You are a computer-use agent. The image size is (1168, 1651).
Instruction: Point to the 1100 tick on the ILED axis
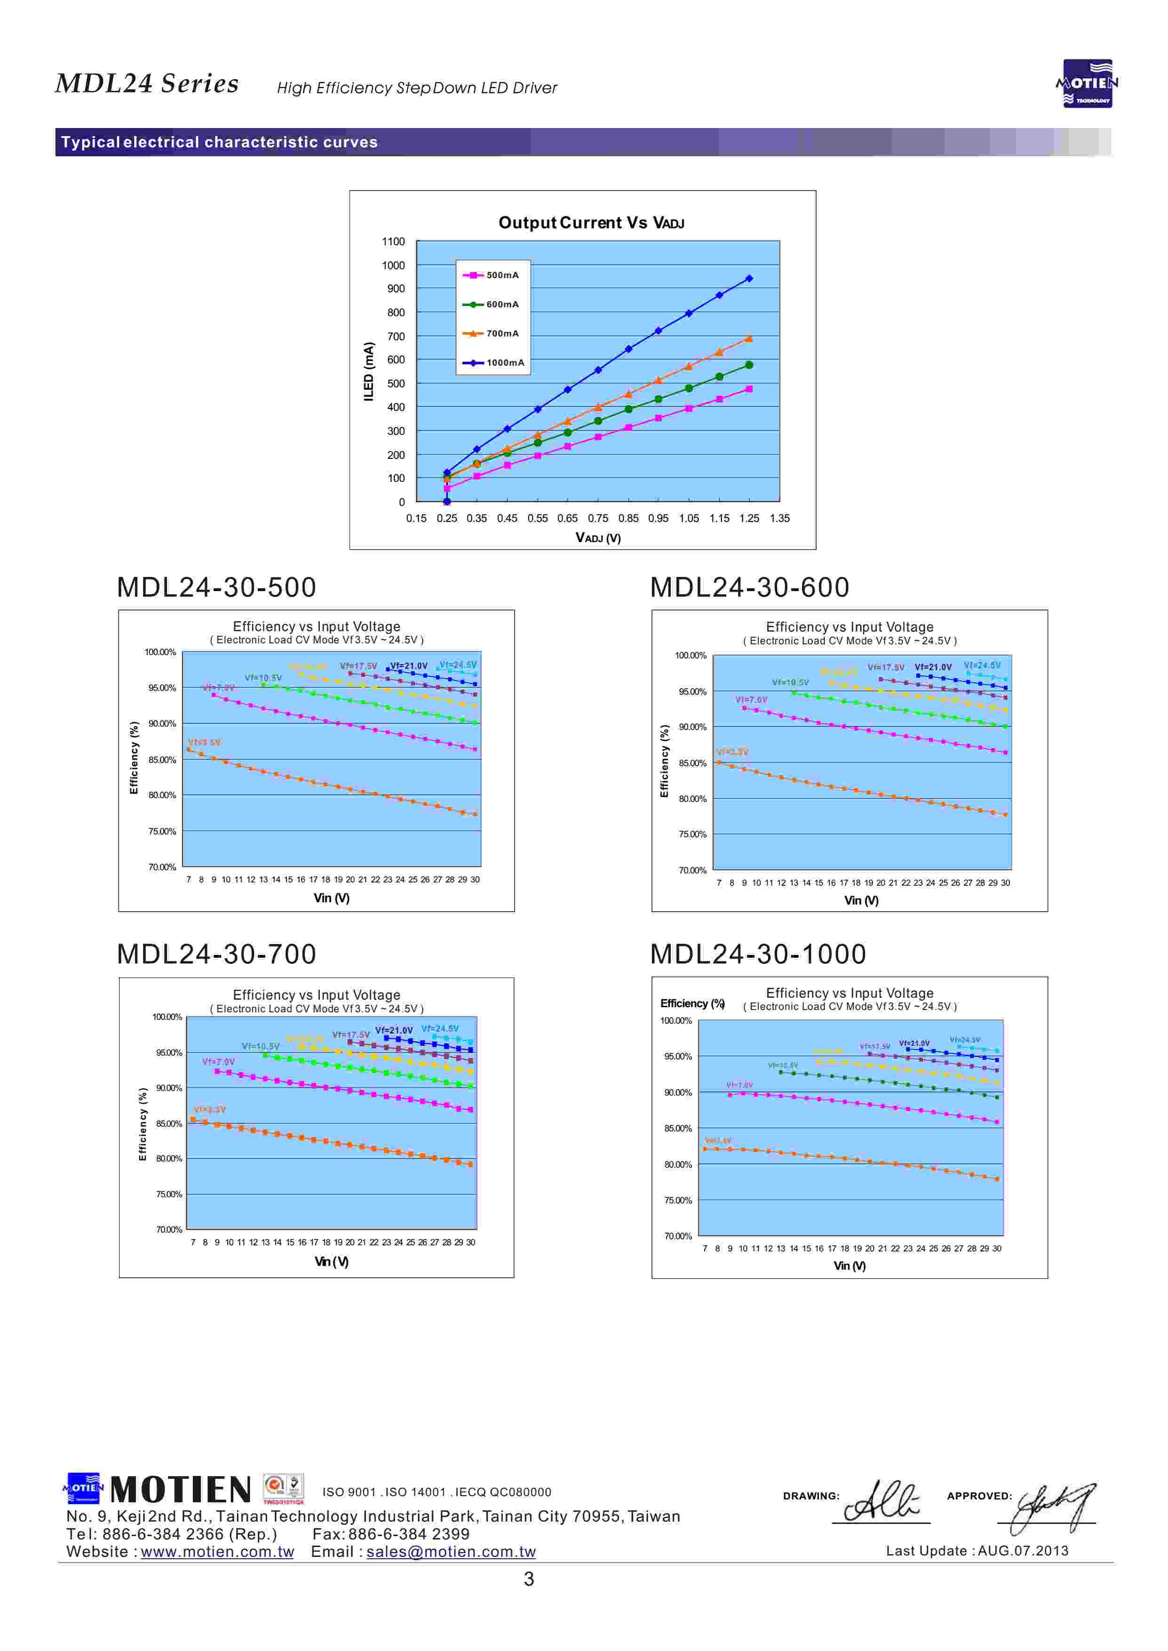pos(393,242)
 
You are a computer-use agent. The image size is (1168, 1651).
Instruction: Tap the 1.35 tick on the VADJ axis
pos(779,518)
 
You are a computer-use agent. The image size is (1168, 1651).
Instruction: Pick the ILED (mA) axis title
pos(369,371)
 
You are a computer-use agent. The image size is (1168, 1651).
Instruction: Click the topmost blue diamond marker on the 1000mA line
pos(749,279)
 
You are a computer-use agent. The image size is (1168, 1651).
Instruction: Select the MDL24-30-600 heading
pos(749,587)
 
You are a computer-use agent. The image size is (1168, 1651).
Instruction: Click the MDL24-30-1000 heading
pos(758,954)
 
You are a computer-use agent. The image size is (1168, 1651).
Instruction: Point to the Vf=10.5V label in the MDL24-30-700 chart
pos(260,1046)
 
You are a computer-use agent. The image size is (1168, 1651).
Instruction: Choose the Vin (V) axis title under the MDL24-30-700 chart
pos(332,1262)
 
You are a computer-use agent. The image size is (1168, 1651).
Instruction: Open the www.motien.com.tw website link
pos(217,1552)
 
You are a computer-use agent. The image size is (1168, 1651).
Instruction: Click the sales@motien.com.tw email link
pos(451,1552)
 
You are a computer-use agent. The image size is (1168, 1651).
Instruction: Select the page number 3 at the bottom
pos(529,1579)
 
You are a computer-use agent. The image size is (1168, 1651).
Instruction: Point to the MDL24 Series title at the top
pos(147,83)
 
